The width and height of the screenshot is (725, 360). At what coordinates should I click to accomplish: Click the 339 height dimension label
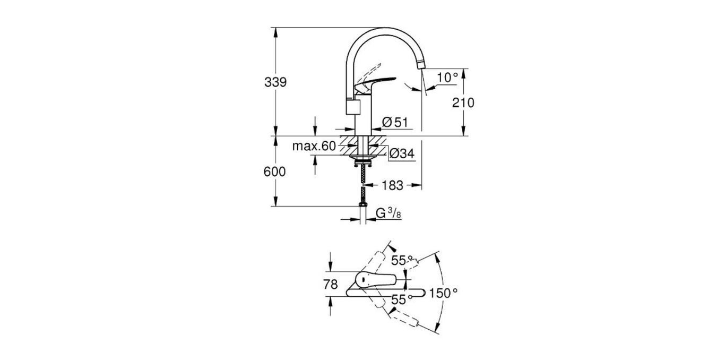(275, 82)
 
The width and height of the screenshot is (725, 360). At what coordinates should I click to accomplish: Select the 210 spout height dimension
(463, 102)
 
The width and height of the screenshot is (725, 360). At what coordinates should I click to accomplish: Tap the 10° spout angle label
(447, 78)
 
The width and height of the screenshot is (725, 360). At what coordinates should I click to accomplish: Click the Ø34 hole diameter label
(402, 154)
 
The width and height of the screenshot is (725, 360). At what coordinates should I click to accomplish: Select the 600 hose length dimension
(274, 172)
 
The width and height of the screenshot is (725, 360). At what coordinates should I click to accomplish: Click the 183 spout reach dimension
(392, 185)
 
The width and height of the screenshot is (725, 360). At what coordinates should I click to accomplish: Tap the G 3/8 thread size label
(388, 213)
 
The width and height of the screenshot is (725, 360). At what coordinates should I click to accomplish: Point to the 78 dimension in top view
(330, 285)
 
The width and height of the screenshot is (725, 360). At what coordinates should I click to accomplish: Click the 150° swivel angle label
(444, 293)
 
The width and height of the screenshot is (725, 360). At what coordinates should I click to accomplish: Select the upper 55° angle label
(401, 261)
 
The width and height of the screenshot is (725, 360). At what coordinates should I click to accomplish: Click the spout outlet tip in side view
(422, 65)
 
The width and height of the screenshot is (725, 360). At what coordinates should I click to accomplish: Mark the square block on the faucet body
(353, 107)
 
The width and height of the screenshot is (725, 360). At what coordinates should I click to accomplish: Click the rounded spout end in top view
(422, 292)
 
